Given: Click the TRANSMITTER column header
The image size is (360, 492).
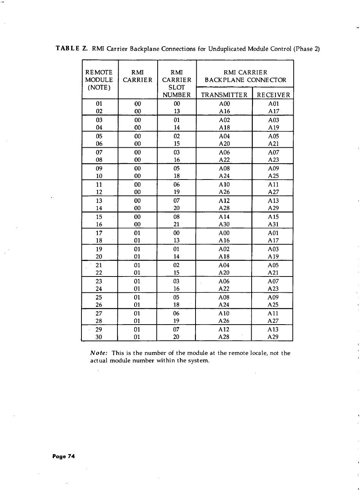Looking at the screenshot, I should coord(224,95).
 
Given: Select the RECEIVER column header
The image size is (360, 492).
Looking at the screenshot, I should coord(273,95).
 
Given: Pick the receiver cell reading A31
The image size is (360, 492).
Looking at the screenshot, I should coord(273,224).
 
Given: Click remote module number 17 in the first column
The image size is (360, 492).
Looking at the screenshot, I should coord(99,233).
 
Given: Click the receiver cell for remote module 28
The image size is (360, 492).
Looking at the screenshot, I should coord(273,321).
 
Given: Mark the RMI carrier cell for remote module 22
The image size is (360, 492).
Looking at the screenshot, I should coord(138,273).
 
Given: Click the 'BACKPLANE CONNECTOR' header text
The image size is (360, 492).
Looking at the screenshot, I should coord(245,80).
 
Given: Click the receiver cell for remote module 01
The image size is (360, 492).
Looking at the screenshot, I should coord(273,103).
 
